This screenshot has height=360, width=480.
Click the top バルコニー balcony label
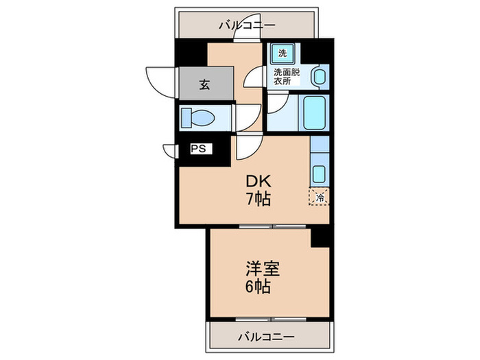(247, 25)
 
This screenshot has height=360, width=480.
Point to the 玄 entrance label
(204, 85)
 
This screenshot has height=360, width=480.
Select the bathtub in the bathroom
(315, 113)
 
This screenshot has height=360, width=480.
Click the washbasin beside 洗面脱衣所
(318, 77)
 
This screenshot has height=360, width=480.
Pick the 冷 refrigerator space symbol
(320, 197)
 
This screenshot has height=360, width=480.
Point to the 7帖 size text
(259, 200)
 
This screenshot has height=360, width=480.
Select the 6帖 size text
(259, 286)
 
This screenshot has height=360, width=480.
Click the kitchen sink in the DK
(320, 171)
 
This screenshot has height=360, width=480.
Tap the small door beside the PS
(169, 149)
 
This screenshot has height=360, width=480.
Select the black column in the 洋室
(320, 237)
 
